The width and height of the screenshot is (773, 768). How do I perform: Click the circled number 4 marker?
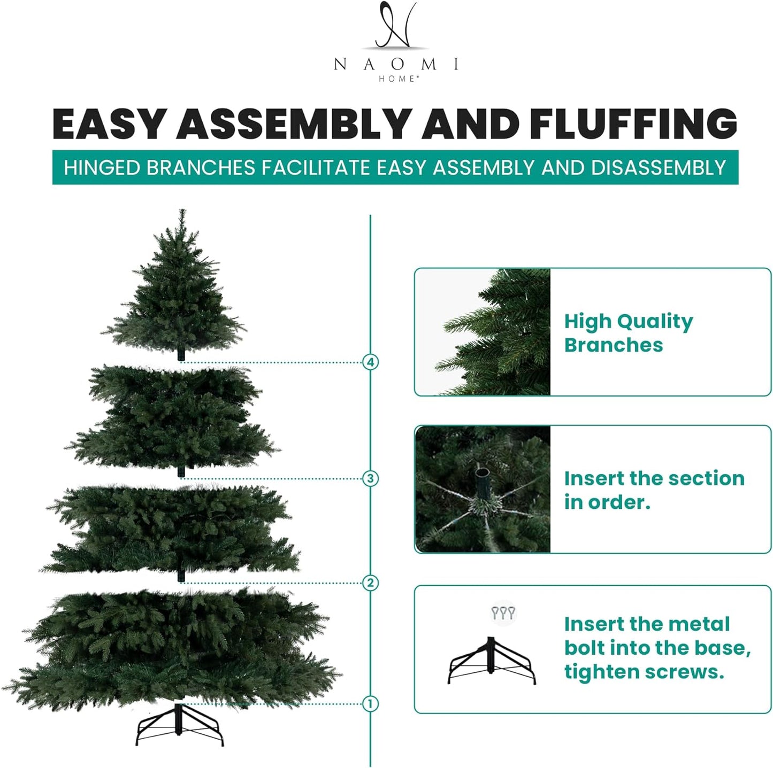370,362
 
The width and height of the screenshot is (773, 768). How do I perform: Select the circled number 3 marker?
370,478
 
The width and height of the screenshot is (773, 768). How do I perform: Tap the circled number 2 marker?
370,583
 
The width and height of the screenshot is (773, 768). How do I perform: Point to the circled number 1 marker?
370,703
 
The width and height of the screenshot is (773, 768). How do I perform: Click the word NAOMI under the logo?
396,65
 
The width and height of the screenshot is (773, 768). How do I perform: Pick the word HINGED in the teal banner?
102,168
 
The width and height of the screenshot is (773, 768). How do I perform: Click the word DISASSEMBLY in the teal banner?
658,168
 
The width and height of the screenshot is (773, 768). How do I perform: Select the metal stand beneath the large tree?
179,725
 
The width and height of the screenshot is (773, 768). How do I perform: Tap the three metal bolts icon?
503,612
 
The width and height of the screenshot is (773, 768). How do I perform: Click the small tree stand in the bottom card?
491,661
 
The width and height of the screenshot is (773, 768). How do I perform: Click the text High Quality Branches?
629,333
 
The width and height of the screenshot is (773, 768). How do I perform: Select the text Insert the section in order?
654,490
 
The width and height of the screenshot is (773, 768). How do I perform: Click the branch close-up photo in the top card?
483,332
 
